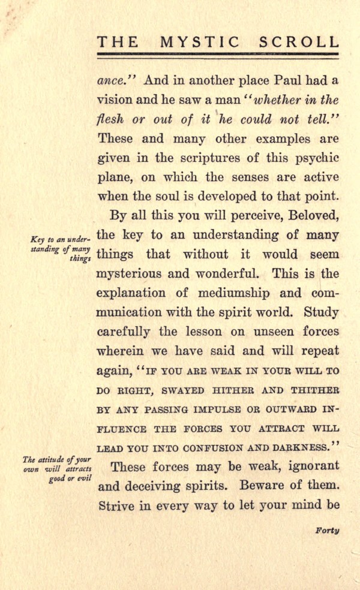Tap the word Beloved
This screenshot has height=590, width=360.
pyautogui.click(x=312, y=216)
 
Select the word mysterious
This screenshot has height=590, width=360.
pyautogui.click(x=133, y=274)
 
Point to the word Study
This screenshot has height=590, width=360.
pyautogui.click(x=322, y=312)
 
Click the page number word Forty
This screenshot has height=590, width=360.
pyautogui.click(x=326, y=531)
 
